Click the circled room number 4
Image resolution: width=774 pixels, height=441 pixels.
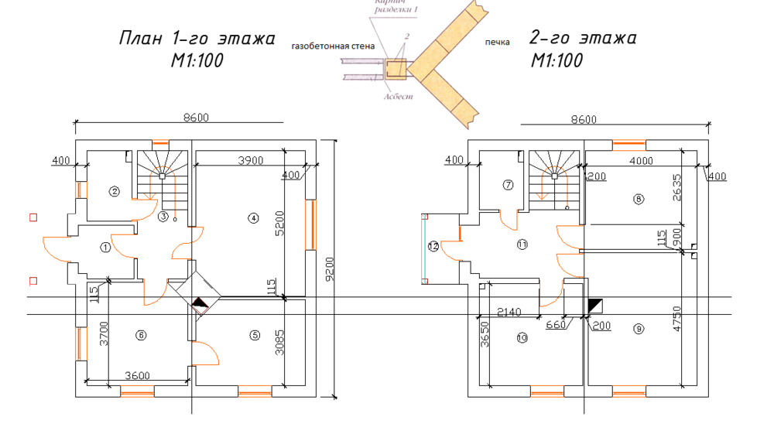coord(252,218)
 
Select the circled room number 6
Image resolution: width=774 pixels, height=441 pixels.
coord(140,335)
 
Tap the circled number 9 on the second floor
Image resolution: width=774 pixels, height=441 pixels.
coord(639,329)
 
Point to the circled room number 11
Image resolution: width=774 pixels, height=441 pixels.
coord(522,244)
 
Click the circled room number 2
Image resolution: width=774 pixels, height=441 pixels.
coord(115,191)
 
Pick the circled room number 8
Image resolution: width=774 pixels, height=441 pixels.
coord(639,199)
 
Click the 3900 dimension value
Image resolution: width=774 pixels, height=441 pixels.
coord(250,161)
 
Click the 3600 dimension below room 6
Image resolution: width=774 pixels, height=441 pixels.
coord(138,376)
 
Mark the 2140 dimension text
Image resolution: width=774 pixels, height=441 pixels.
coord(510,313)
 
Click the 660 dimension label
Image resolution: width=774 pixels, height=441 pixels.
coord(557,325)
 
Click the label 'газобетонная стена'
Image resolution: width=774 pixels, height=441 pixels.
coord(333,46)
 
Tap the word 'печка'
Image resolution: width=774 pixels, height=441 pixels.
coord(497,42)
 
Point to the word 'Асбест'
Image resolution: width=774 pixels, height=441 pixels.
coord(398,97)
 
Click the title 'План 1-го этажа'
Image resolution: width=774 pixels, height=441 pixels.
coord(197,39)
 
